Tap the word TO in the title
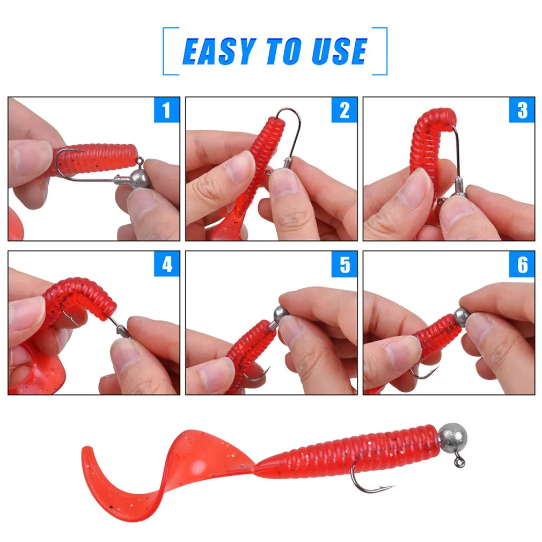point(281,52)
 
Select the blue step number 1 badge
point(166,110)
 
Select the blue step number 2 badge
point(344,110)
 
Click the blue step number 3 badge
point(522,110)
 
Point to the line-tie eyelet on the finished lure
point(459,463)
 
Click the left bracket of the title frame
point(165,52)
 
